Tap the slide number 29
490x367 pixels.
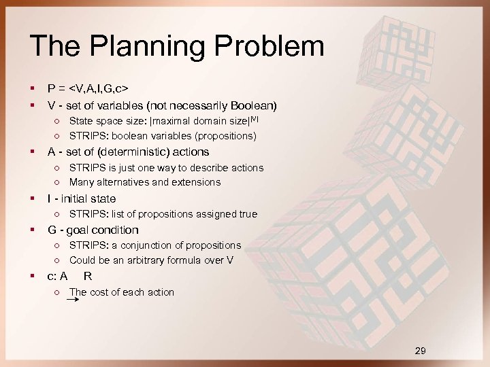421,351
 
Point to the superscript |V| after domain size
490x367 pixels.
255,120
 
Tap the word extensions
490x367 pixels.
196,182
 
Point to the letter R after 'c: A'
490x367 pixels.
88,276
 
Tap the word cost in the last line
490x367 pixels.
102,292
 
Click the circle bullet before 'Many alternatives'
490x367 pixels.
59,182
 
